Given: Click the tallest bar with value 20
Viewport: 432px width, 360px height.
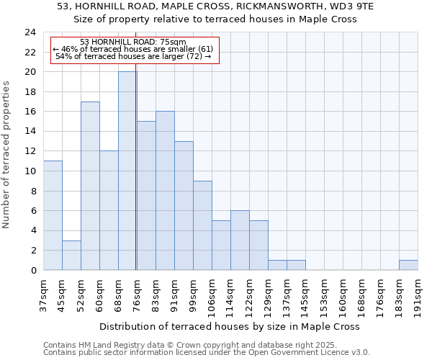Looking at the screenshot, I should (x=127, y=171).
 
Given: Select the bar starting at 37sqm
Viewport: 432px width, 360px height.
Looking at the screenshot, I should (x=53, y=215).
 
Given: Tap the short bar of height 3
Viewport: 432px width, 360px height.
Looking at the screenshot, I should (x=71, y=255).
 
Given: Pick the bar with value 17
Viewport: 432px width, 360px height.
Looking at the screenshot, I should (x=90, y=186).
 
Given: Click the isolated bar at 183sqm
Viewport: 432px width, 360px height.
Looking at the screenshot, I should (x=408, y=265).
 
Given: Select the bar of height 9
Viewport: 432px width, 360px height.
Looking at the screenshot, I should (x=202, y=225).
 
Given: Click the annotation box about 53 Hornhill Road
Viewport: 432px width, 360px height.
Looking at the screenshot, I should (x=133, y=50).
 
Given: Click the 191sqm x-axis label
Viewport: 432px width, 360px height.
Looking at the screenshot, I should (x=418, y=295).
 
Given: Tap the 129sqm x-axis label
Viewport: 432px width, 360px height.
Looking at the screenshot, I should (x=268, y=295).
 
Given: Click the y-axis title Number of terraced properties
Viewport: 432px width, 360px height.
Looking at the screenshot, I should (x=7, y=154).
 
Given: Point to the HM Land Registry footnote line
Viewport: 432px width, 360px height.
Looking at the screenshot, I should (x=206, y=345).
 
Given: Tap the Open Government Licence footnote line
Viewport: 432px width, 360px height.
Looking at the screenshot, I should (x=206, y=353).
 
